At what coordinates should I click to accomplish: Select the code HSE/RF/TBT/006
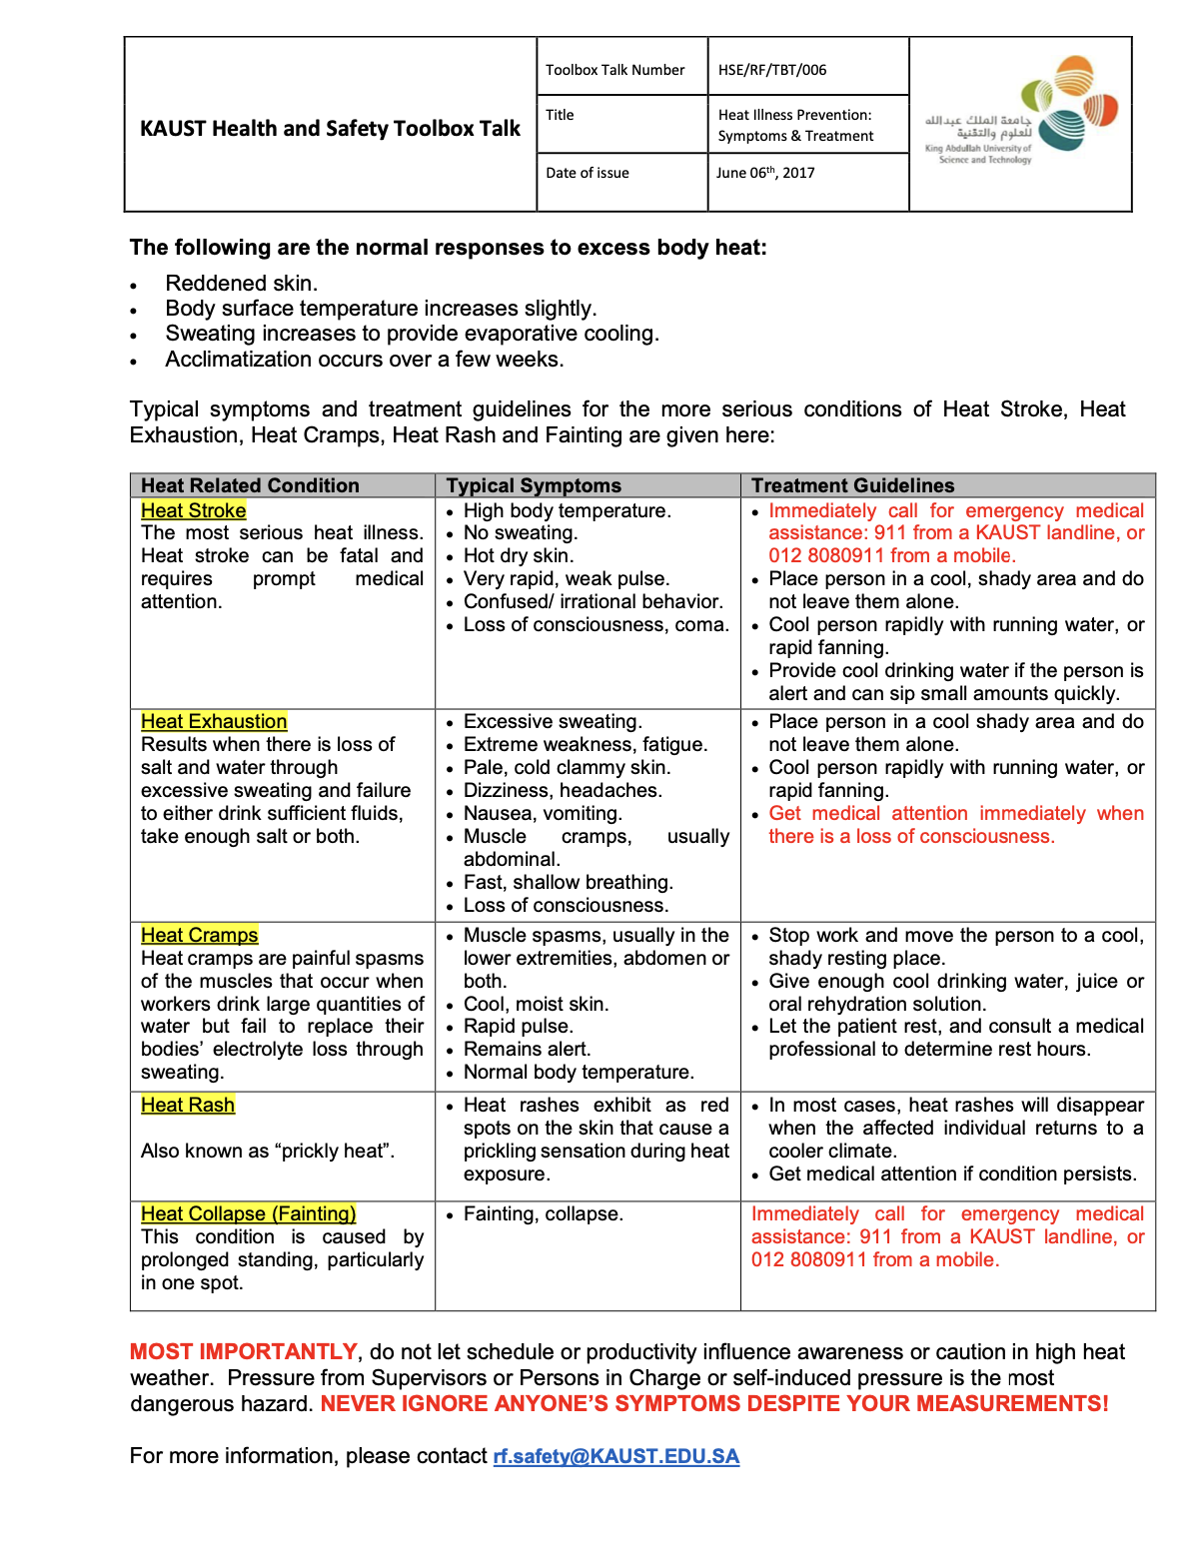click(772, 70)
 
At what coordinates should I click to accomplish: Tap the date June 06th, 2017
click(765, 173)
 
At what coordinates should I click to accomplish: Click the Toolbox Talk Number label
click(614, 70)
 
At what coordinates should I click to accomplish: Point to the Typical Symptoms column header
click(534, 485)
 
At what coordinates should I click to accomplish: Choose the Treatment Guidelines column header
click(852, 485)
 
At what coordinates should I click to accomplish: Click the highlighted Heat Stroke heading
click(194, 510)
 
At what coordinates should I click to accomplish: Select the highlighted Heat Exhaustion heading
click(214, 721)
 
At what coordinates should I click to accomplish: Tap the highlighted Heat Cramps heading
click(200, 935)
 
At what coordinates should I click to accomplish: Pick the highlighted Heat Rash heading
click(188, 1105)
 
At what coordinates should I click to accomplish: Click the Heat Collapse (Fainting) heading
click(249, 1213)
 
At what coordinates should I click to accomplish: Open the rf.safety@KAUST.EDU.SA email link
click(616, 1456)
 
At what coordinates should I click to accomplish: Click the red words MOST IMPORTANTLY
click(244, 1352)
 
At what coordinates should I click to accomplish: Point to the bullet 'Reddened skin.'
click(242, 284)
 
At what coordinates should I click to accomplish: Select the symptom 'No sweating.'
click(521, 533)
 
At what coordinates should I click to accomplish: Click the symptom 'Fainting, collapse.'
click(544, 1213)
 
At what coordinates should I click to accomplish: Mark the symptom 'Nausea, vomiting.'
click(543, 813)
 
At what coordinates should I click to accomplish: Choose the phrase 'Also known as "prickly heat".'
click(268, 1151)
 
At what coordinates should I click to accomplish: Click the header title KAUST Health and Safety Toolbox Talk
click(330, 128)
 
